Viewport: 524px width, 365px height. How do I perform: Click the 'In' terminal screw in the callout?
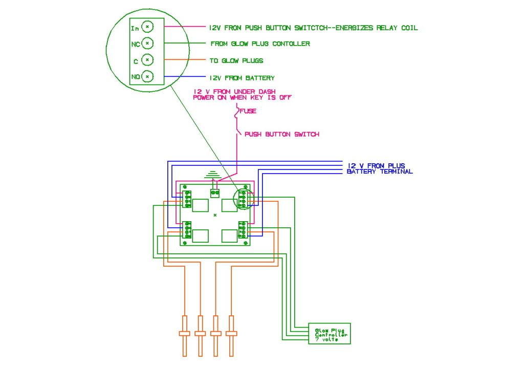coord(147,27)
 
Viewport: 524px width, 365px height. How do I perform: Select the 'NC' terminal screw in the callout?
coord(147,44)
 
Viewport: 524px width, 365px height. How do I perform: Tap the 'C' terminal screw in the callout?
coord(147,60)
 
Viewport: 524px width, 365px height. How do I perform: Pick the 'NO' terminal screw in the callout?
coord(147,77)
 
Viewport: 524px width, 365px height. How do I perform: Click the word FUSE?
coord(248,111)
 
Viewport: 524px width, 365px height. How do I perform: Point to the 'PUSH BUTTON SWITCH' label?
coord(281,134)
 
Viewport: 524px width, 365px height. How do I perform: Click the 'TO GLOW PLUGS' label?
coord(236,60)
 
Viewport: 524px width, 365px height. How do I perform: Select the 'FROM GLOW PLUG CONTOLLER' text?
coord(260,44)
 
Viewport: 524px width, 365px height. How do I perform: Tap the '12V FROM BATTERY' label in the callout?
coord(242,78)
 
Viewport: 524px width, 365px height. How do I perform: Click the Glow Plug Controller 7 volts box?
coord(329,334)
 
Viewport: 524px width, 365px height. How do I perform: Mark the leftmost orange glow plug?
coord(184,335)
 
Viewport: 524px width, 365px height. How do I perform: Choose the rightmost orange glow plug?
coord(233,335)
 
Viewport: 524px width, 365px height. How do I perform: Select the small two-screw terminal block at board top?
coord(215,193)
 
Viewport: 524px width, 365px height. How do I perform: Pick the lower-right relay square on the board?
coord(229,235)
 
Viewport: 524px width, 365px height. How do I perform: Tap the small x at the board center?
coord(215,213)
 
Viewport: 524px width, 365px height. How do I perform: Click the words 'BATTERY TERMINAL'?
coord(380,171)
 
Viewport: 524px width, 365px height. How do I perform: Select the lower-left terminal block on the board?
coord(187,230)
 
